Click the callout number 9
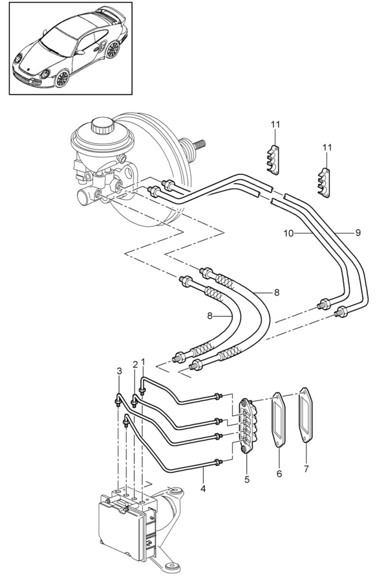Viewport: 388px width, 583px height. tap(358, 233)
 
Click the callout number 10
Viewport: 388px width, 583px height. tap(288, 233)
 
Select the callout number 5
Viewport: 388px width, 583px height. tap(247, 479)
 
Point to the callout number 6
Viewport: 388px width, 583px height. tap(279, 474)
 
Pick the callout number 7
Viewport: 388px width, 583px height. tap(306, 469)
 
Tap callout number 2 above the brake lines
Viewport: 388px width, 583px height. tap(135, 364)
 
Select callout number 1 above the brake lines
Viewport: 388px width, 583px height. tap(144, 361)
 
